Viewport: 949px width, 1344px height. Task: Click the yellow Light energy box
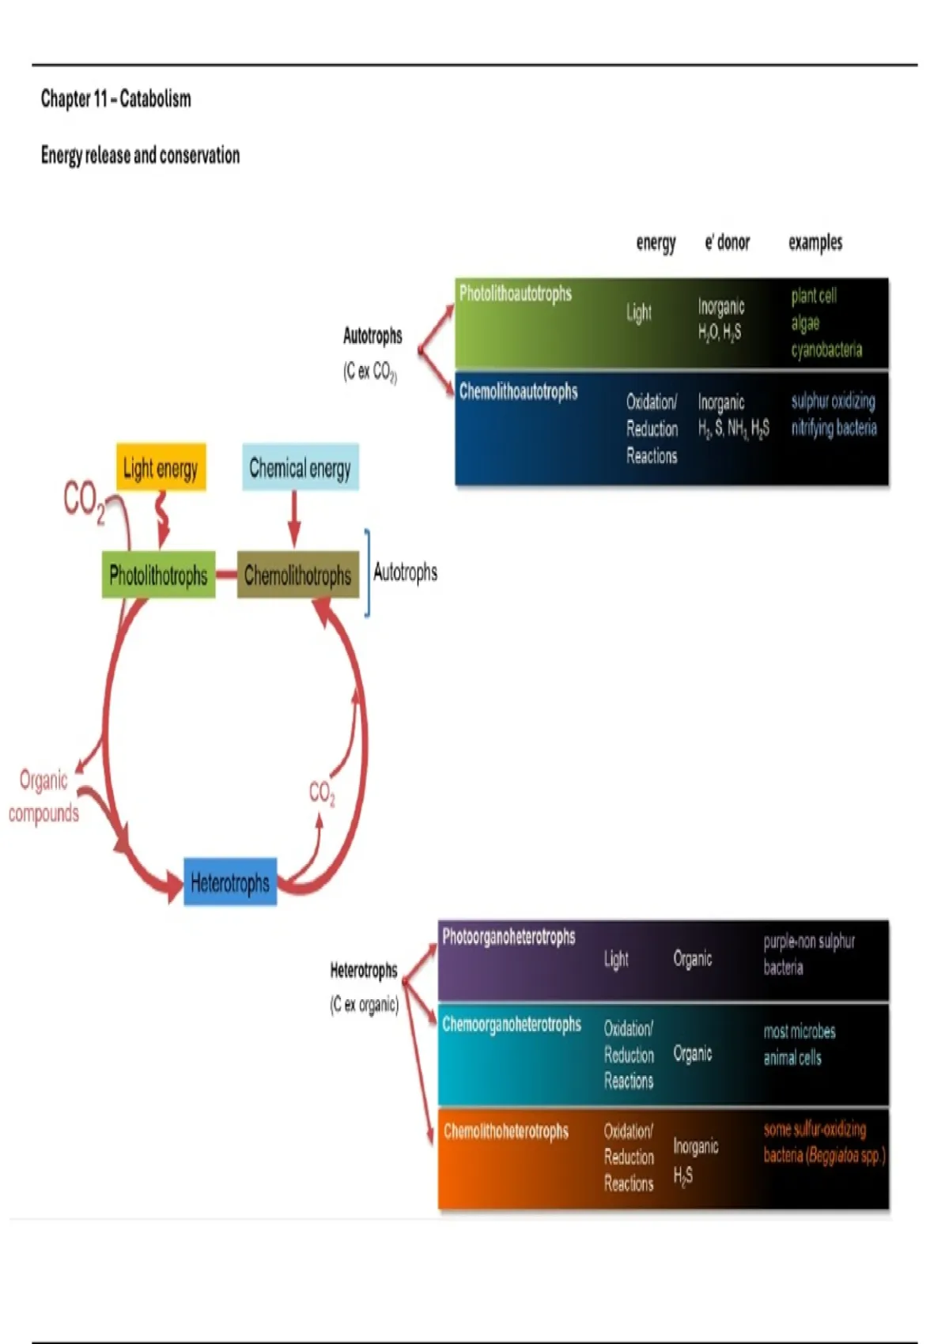[x=161, y=468]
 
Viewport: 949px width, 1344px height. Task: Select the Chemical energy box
[x=300, y=468]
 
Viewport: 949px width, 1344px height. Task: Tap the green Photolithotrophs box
[x=158, y=575]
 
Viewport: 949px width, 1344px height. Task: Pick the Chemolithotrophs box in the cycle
[x=297, y=575]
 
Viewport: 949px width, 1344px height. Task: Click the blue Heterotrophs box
[x=230, y=882]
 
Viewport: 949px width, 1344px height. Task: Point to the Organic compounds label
[x=43, y=797]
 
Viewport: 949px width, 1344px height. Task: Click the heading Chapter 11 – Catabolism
[x=116, y=99]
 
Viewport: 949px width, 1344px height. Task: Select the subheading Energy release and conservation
[x=140, y=155]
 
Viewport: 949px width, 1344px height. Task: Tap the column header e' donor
[x=727, y=243]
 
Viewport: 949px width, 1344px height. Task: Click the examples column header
[x=815, y=243]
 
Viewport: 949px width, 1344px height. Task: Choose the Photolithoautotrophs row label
[x=516, y=294]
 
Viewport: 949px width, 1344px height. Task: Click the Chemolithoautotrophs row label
[x=519, y=391]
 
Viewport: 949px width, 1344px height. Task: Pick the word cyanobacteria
[x=826, y=349]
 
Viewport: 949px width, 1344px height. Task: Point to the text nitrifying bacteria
[x=834, y=428]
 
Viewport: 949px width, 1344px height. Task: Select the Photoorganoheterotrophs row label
[x=509, y=937]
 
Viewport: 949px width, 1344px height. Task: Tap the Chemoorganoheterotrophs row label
[x=512, y=1025]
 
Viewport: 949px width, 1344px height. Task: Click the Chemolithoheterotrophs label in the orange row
[x=506, y=1131]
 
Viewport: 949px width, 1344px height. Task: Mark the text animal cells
[x=792, y=1058]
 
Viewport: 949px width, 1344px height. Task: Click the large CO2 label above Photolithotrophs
[x=84, y=501]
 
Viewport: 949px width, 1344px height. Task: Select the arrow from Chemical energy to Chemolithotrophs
[x=294, y=519]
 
